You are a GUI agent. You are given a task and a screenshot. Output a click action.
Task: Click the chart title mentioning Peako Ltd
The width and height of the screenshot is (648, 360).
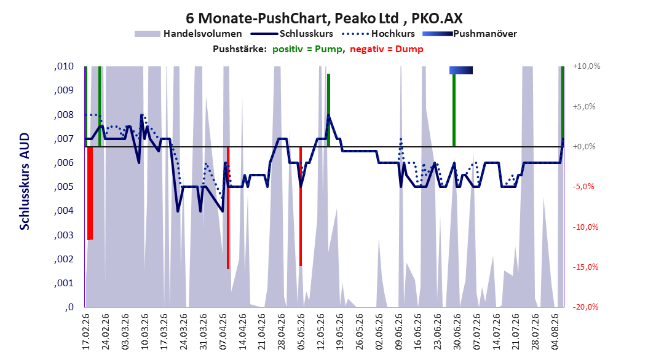(x=324, y=18)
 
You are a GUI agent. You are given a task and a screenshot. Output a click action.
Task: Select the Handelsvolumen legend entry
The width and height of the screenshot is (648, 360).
(x=188, y=34)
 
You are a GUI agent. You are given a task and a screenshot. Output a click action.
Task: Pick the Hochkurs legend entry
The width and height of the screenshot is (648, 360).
(x=379, y=34)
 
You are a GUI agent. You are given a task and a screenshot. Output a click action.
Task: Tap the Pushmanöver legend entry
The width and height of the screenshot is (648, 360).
(x=470, y=34)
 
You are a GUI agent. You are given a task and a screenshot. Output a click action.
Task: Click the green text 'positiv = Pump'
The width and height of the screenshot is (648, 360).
(x=307, y=49)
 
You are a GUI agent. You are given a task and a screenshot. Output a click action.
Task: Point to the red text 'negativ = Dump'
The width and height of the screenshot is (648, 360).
(x=387, y=49)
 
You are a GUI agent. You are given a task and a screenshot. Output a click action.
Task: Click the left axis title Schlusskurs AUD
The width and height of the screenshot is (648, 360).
(x=25, y=181)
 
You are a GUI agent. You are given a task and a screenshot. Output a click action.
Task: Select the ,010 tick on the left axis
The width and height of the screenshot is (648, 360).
(x=64, y=66)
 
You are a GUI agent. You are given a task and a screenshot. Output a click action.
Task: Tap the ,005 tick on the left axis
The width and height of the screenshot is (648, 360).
(x=64, y=187)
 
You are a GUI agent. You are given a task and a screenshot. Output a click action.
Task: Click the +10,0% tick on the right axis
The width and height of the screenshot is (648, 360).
(x=587, y=66)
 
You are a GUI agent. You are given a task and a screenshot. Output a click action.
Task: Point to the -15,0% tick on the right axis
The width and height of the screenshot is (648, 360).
(x=585, y=267)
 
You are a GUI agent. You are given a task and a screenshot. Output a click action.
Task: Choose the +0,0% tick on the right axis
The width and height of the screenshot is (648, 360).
(x=584, y=147)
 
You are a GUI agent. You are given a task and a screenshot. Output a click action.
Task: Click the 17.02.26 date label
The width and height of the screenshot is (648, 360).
(x=86, y=332)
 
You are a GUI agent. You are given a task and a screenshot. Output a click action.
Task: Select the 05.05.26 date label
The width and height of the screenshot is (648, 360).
(x=301, y=332)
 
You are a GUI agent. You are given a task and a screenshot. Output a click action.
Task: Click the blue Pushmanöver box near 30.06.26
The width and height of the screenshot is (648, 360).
(x=460, y=70)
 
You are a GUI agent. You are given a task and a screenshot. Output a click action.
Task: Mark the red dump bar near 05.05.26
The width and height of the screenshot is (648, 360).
(x=301, y=206)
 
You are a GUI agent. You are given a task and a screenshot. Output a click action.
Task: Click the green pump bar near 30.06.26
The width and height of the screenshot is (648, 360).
(x=454, y=110)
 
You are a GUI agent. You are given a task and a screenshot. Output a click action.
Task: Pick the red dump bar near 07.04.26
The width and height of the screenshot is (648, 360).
(x=227, y=208)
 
